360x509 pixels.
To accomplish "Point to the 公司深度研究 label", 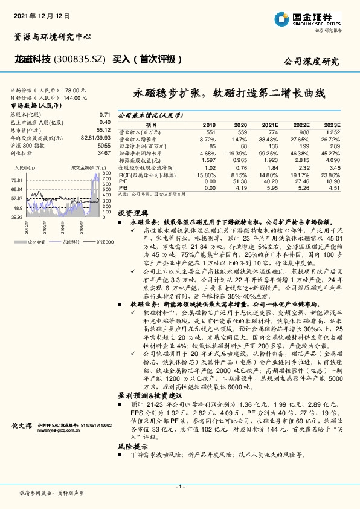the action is (x=311, y=61).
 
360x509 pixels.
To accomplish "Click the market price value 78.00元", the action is (x=91, y=88).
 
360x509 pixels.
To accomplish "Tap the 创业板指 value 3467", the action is (x=103, y=154).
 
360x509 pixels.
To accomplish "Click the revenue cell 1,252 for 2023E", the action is (x=333, y=131).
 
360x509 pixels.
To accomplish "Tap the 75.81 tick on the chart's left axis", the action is (x=16, y=180).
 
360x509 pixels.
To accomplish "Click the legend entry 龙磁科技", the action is (x=71, y=242).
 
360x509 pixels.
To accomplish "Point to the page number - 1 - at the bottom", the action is (x=179, y=486).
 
